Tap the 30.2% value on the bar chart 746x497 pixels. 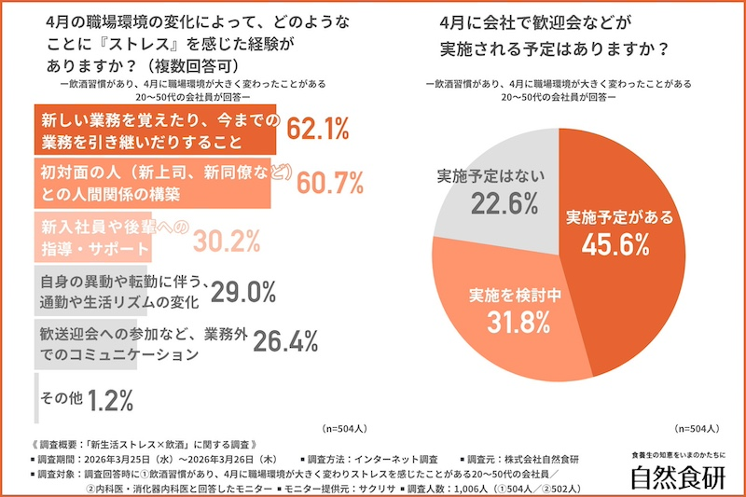pyautogui.click(x=227, y=241)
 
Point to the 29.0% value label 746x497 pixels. pyautogui.click(x=243, y=292)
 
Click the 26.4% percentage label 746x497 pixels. pyautogui.click(x=286, y=342)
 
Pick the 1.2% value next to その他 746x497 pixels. pyautogui.click(x=111, y=399)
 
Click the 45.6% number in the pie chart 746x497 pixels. pyautogui.click(x=615, y=244)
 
